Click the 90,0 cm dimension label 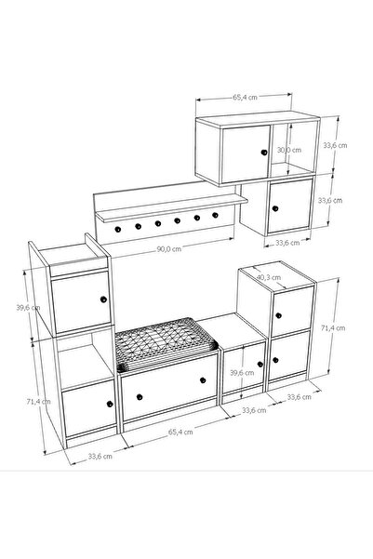[x=169, y=249]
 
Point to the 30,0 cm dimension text [x=289, y=150]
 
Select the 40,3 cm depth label [x=269, y=277]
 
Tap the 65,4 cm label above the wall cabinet [x=245, y=97]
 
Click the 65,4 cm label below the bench [x=180, y=433]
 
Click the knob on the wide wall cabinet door [x=264, y=153]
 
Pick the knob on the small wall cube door [x=275, y=208]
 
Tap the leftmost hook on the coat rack [x=118, y=229]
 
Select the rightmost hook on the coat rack [x=215, y=215]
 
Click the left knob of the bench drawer [x=140, y=397]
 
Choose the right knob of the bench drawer [x=203, y=380]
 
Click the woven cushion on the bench [x=166, y=344]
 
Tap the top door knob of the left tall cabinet [x=103, y=299]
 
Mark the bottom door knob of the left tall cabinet [x=110, y=404]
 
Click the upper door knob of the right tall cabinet [x=278, y=315]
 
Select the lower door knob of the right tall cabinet [x=275, y=360]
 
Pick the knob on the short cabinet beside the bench [x=260, y=364]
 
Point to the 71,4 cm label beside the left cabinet [x=38, y=402]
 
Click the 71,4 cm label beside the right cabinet [x=333, y=328]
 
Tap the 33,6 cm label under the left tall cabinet [x=100, y=456]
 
